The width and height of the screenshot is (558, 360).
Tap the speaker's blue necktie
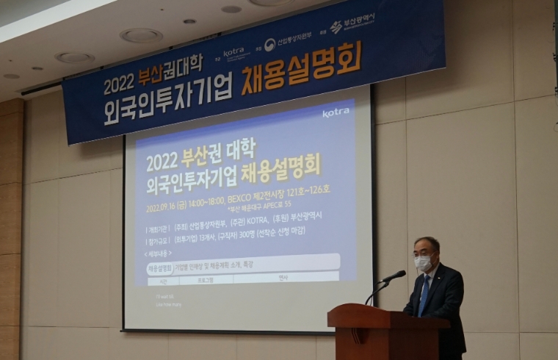pyautogui.click(x=424, y=294)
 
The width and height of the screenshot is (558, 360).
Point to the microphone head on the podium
pyautogui.click(x=396, y=276)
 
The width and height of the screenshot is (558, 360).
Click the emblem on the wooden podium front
pyautogui.click(x=358, y=334)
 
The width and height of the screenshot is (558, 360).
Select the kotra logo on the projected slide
pyautogui.click(x=336, y=112)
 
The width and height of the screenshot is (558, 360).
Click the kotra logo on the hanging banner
pyautogui.click(x=233, y=52)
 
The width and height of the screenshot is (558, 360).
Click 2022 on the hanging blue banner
pyautogui.click(x=119, y=85)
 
